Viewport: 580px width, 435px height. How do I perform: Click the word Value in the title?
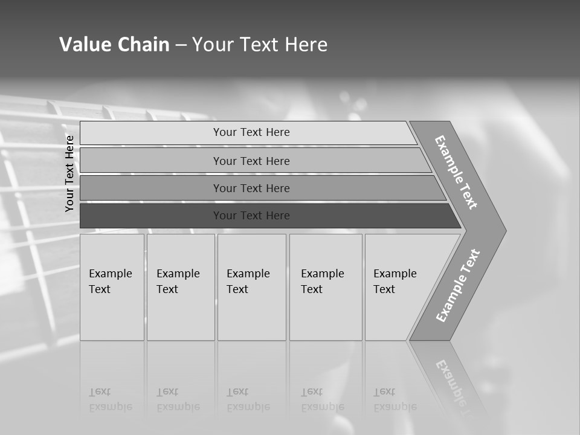point(83,45)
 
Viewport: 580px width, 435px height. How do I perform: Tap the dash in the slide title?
point(181,45)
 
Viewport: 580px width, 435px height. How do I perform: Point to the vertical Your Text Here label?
point(69,173)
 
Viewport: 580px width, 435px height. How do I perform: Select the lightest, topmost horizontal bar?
point(251,132)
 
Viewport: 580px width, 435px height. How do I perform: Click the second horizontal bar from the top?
point(251,161)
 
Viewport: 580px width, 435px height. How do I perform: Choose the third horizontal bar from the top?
point(251,188)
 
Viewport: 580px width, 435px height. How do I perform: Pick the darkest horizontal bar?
point(251,216)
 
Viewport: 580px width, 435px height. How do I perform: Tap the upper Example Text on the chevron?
point(456,172)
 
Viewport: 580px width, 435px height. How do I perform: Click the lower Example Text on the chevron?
point(457,286)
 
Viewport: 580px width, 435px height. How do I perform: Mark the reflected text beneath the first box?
point(111,399)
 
